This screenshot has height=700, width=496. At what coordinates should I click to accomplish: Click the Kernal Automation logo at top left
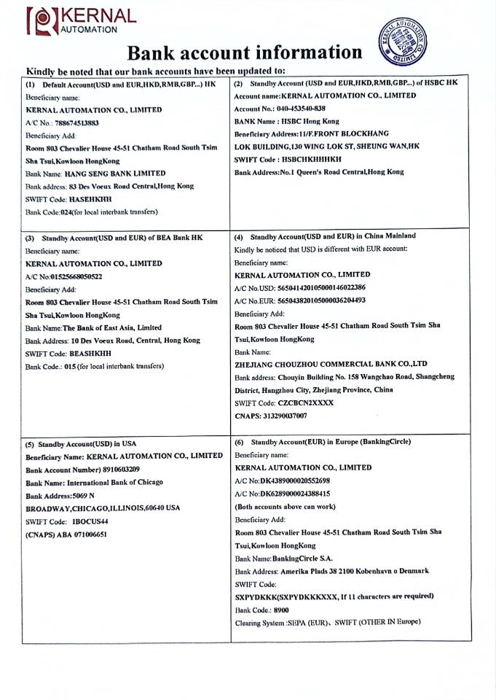pos(80,20)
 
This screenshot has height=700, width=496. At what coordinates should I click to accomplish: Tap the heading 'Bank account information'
pos(245,52)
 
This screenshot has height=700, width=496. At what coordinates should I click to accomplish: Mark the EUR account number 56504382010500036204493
pos(321,300)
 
